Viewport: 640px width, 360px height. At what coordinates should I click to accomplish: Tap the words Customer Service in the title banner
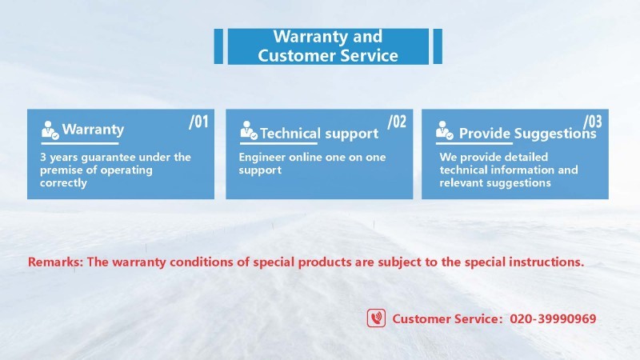click(x=328, y=55)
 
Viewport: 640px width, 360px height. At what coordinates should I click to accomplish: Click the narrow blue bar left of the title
click(x=218, y=46)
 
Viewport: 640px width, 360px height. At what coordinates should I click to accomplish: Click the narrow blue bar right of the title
click(x=438, y=46)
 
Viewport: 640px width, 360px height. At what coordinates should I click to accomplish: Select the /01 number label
click(x=198, y=122)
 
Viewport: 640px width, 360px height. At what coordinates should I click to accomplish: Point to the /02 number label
click(x=397, y=122)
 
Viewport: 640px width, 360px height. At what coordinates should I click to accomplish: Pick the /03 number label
click(x=593, y=122)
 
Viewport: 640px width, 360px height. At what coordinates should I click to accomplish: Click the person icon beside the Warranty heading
click(x=50, y=130)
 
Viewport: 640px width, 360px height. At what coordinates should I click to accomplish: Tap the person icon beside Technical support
click(x=249, y=130)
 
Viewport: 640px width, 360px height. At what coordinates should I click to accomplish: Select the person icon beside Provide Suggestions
click(x=444, y=130)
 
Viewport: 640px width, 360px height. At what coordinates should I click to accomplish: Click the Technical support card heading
click(x=319, y=134)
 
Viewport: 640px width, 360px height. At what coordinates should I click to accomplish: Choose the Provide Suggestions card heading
click(x=528, y=134)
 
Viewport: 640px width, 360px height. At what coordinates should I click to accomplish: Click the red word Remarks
click(x=55, y=262)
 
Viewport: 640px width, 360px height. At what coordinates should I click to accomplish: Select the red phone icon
click(x=376, y=318)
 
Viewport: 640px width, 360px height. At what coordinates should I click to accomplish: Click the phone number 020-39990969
click(x=553, y=318)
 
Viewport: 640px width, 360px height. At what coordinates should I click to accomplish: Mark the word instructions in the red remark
click(x=546, y=262)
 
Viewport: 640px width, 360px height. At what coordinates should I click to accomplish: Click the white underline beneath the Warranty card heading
click(x=79, y=144)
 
